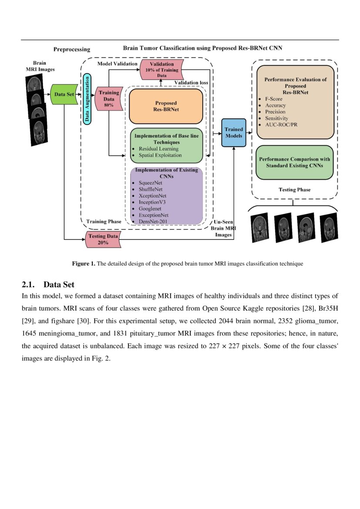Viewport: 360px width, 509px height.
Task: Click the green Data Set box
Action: (64, 94)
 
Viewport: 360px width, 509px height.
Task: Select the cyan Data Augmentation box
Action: (87, 98)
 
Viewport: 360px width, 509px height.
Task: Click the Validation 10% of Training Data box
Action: (161, 70)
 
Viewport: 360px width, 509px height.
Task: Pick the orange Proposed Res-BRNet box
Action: (166, 106)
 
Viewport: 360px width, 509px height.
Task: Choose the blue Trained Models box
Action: (234, 132)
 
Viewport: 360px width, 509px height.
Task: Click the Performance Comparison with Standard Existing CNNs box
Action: (294, 162)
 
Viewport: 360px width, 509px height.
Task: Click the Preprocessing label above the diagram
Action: (72, 50)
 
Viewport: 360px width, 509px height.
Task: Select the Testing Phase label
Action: (294, 190)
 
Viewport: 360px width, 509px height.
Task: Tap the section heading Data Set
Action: (59, 285)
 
